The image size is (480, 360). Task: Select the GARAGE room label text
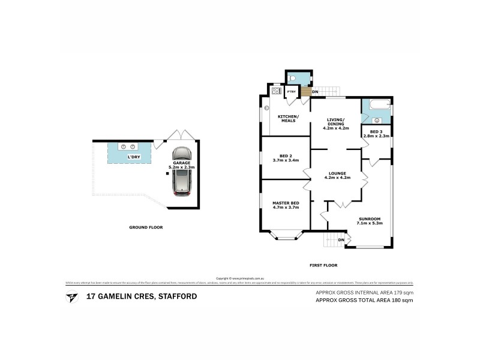tap(182, 163)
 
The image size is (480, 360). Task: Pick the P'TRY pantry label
tap(291, 92)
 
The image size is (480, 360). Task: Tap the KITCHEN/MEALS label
tap(285, 118)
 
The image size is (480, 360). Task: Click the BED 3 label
tap(376, 131)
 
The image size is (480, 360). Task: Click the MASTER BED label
tap(285, 203)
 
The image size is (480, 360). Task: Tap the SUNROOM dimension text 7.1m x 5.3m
tap(370, 223)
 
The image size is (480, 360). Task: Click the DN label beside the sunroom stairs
tap(341, 240)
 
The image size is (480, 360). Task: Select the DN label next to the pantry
tap(314, 92)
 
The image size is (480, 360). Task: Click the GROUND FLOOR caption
tap(146, 227)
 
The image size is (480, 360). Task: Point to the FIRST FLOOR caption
tap(322, 265)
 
